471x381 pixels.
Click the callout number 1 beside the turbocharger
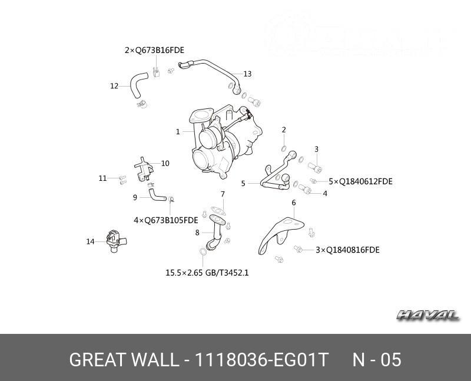pos(178,132)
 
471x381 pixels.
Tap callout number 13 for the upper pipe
pos(247,74)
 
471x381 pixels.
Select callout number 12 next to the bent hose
pos(114,86)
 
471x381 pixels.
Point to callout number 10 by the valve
pos(165,163)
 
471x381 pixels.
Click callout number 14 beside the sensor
pos(90,241)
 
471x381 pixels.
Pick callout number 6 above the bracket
pos(294,203)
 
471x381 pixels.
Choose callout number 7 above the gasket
pos(223,194)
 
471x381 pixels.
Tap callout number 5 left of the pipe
pos(243,184)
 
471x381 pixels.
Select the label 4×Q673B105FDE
pos(165,220)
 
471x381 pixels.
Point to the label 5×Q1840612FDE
pos(360,181)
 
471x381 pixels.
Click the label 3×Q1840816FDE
pos(347,250)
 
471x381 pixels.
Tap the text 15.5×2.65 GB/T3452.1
pos(207,273)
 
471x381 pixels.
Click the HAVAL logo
pos(427,316)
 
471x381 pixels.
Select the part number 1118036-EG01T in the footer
pos(262,360)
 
